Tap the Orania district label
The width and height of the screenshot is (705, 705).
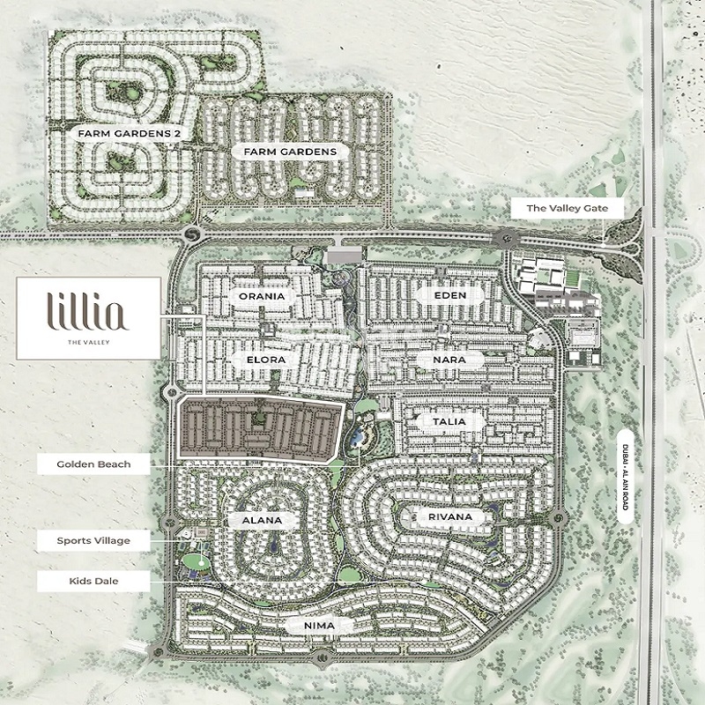[261, 296]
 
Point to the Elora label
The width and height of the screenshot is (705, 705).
[262, 360]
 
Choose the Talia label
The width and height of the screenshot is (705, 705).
[444, 422]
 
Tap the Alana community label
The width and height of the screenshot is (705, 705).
[261, 520]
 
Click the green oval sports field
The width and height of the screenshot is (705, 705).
[197, 561]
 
